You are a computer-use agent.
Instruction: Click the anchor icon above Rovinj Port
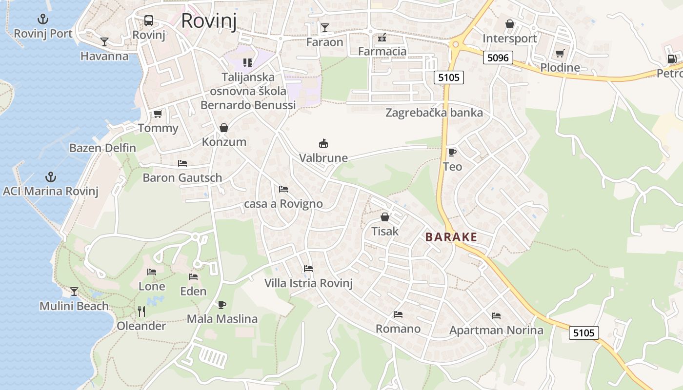click(x=43, y=19)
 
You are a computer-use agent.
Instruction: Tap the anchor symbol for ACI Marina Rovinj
click(x=50, y=177)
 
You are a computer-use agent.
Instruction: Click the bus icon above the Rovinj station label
click(x=149, y=20)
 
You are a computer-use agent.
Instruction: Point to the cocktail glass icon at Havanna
click(x=104, y=41)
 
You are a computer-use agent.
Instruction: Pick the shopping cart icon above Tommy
click(x=158, y=114)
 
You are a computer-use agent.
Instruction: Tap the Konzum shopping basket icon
click(x=224, y=128)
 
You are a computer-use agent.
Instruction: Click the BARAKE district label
click(x=451, y=237)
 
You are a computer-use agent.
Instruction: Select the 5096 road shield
click(x=498, y=58)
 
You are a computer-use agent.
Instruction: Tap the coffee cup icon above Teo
click(x=452, y=152)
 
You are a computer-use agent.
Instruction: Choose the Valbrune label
click(x=323, y=158)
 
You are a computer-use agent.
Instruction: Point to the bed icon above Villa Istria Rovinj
click(x=308, y=269)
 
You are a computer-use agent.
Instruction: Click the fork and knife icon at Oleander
click(x=141, y=311)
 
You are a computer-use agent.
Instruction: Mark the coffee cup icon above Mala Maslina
click(x=222, y=305)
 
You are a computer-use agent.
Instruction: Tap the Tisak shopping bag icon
click(x=385, y=217)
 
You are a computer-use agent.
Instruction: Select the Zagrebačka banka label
click(x=434, y=113)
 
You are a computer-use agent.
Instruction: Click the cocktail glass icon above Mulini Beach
click(x=74, y=292)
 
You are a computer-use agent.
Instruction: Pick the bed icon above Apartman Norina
click(x=496, y=316)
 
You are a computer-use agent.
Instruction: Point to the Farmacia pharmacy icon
click(x=382, y=37)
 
